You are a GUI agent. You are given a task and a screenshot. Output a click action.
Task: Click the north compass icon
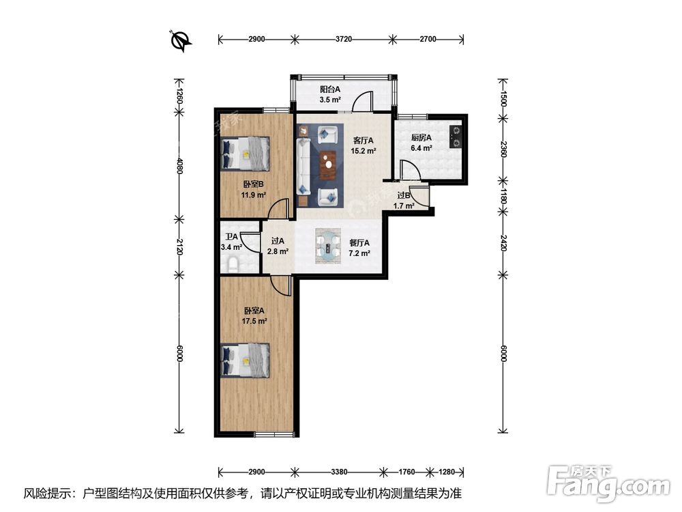181,41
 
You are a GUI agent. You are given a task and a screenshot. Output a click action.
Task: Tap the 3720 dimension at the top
343,40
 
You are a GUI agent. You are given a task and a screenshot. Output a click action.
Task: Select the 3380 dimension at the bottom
339,471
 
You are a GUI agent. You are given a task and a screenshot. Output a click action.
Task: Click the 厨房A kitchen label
421,137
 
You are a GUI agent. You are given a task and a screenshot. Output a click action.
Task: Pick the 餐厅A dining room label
359,242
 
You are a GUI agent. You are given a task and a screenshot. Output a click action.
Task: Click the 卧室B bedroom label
252,184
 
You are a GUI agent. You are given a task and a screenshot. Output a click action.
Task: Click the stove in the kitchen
455,137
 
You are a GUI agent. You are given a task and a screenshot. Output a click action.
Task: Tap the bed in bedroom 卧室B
246,153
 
